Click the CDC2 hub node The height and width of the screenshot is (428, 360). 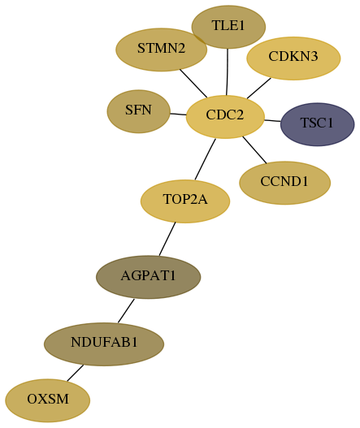coord(225,117)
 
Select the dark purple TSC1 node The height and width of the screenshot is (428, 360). coord(318,124)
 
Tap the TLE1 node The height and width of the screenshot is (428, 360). coord(228,27)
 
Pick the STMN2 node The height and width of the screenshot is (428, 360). coord(162,50)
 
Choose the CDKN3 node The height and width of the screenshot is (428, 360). coord(293,58)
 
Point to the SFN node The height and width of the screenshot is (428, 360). coord(139,111)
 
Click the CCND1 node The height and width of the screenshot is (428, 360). coord(285,183)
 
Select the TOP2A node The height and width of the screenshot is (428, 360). coord(185,201)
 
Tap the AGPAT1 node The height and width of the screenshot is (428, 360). coord(149,277)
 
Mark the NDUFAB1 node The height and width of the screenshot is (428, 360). coord(104,344)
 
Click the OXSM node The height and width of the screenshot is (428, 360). coord(47,400)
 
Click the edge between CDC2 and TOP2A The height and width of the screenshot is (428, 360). coord(205,159)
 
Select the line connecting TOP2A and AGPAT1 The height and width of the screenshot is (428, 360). coord(167,239)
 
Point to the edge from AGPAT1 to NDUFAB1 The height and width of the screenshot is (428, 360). coord(126,310)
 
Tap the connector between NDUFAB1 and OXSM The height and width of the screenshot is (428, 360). coord(75,373)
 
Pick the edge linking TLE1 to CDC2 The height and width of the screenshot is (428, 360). coord(227,72)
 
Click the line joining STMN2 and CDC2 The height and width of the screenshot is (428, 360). coord(193,84)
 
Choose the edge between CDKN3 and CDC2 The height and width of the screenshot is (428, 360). coord(259,89)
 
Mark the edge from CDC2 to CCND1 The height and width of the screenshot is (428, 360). coord(254,150)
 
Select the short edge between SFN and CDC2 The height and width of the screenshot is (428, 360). coord(178,114)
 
